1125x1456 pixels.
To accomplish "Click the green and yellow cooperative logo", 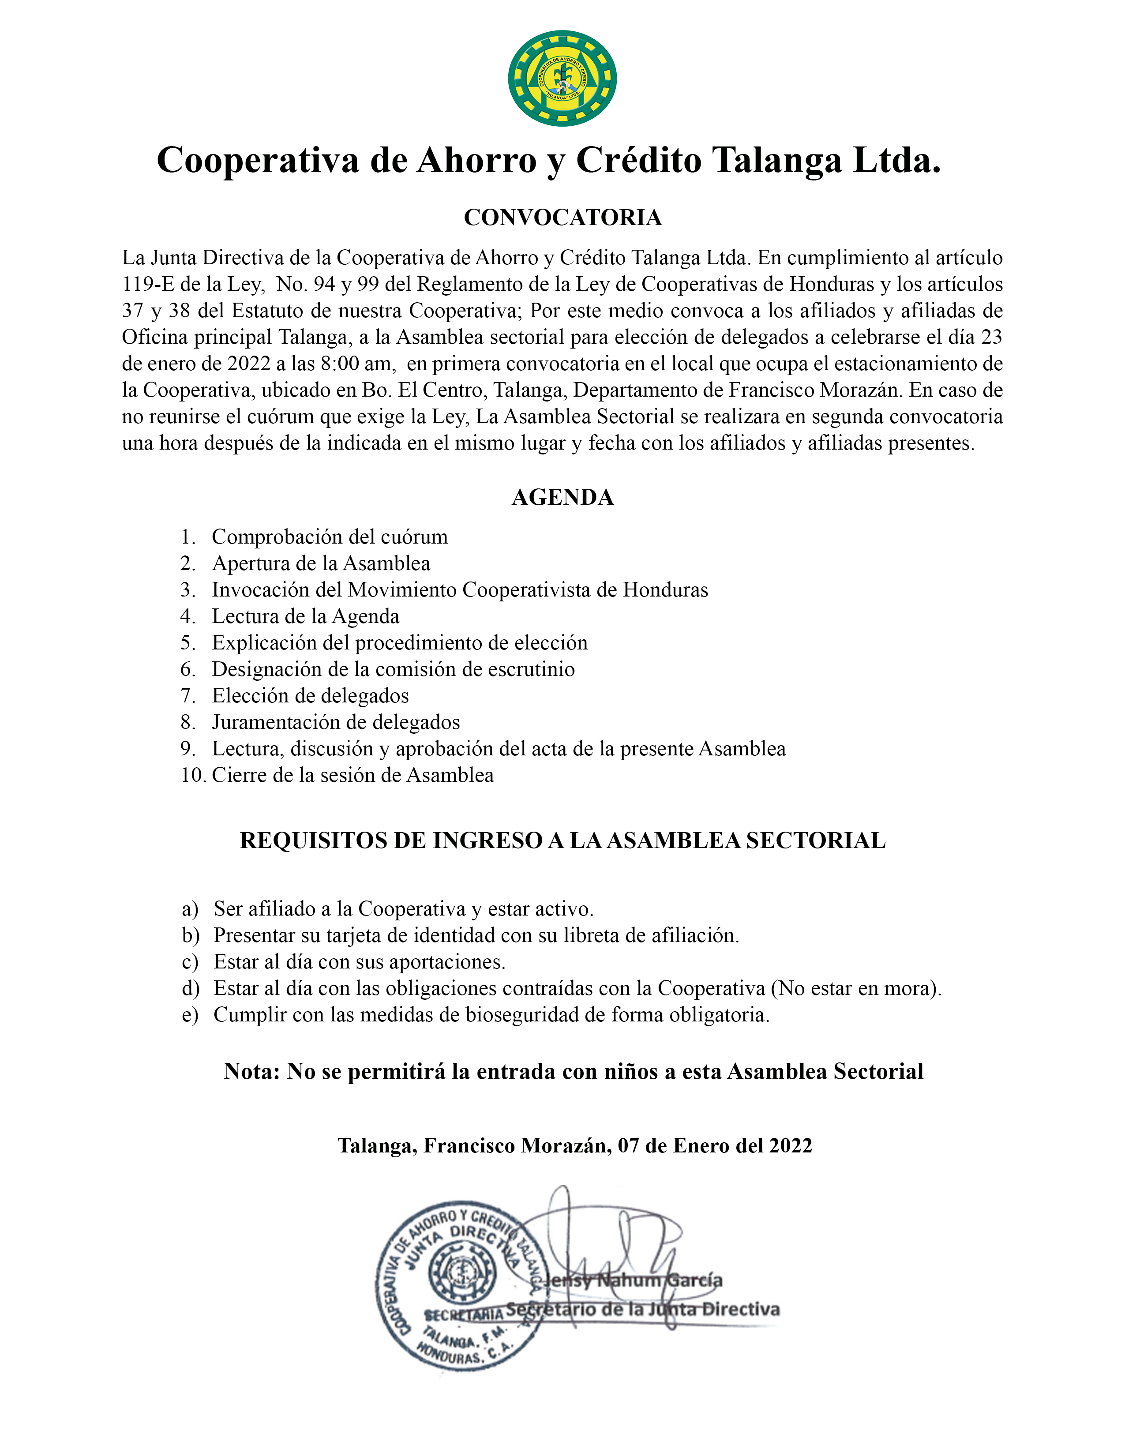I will pos(562,78).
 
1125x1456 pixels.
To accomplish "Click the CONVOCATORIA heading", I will pos(562,218).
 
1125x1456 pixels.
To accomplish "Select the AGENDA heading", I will pos(562,497).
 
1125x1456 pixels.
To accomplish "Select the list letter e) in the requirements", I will pos(190,1015).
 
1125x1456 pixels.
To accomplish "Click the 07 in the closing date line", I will pos(629,1145).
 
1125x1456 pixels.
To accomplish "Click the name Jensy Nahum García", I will pos(633,1280).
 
